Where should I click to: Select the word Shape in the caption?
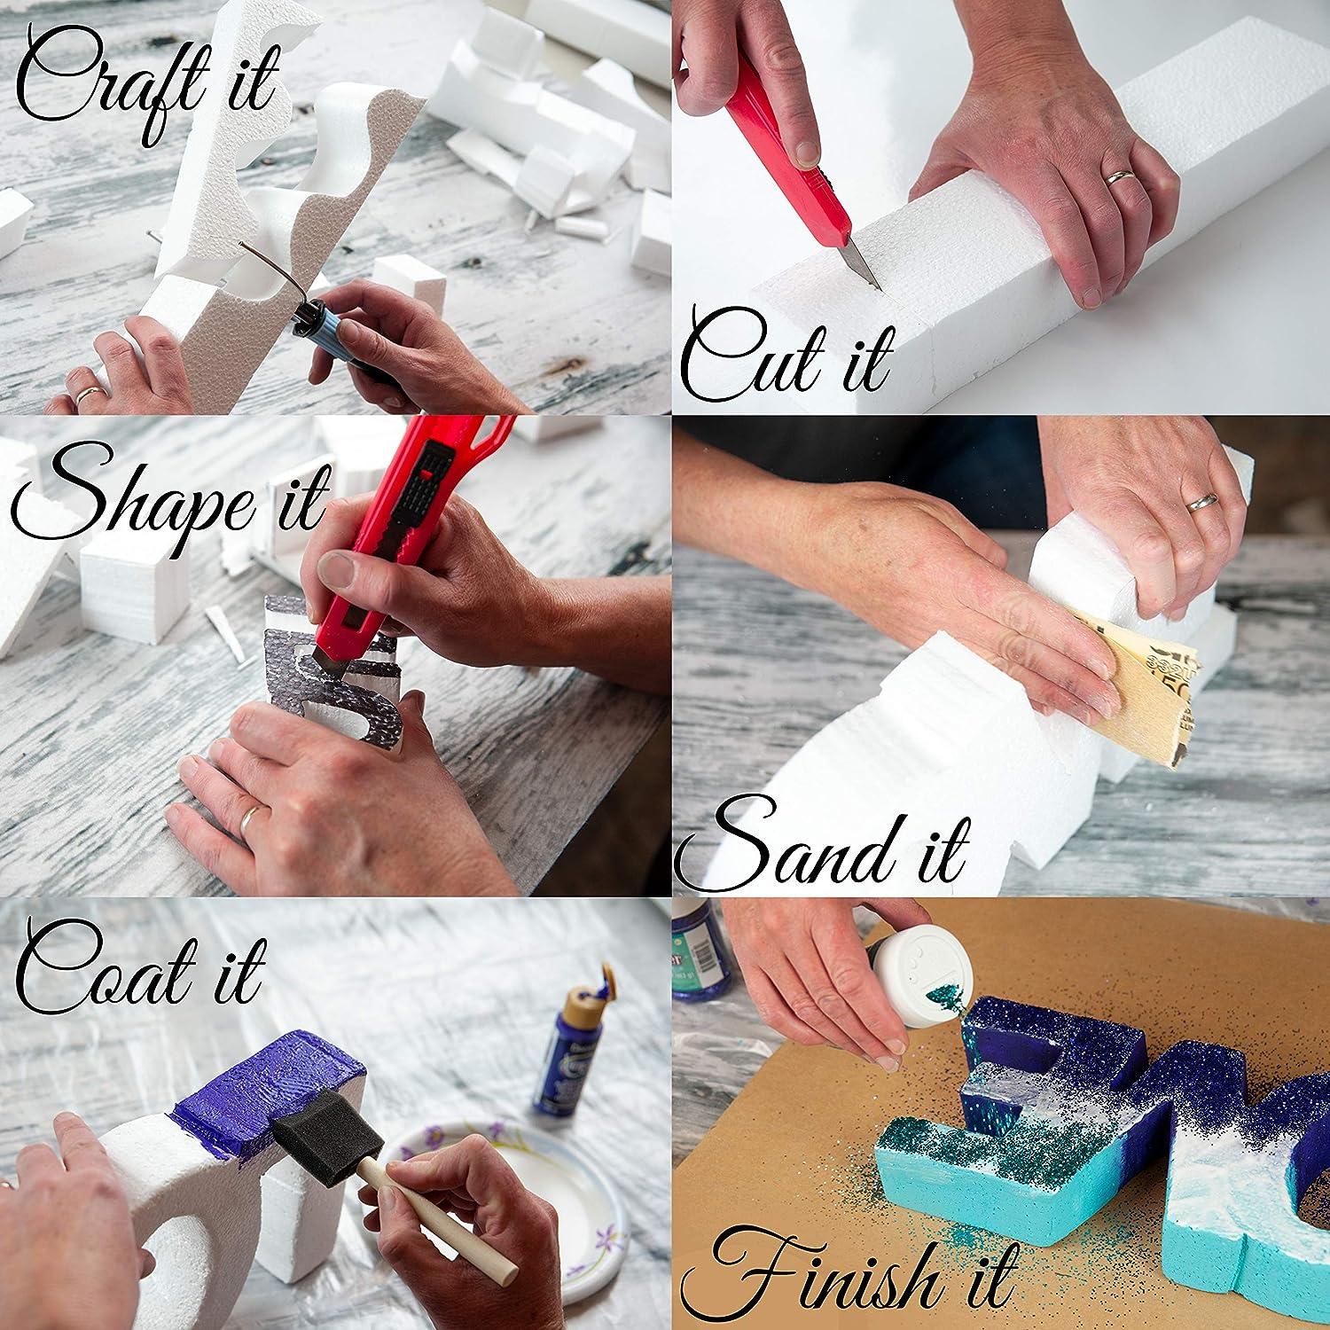coord(124,501)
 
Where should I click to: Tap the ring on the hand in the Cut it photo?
coord(1120,176)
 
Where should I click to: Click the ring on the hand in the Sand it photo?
coord(1202,503)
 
